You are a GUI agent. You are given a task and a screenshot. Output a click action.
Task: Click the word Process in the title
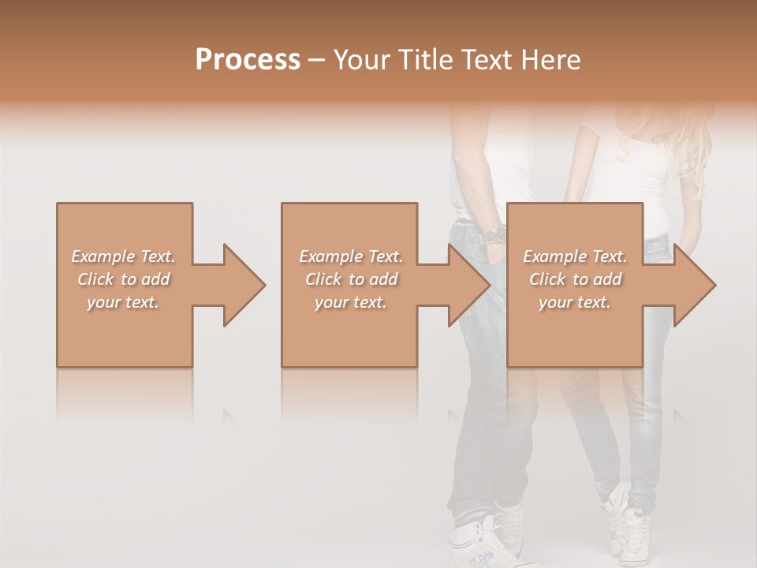pos(248,60)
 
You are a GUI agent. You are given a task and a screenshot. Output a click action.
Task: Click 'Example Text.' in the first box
pos(123,256)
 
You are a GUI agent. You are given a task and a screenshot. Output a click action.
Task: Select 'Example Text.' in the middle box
pos(351,256)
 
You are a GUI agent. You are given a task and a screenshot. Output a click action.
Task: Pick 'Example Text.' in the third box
pos(575,256)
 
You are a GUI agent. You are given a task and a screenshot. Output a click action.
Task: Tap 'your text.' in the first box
pos(123,302)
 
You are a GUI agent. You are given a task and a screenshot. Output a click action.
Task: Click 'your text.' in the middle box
pos(351,302)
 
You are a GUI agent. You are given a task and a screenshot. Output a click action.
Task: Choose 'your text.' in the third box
pos(575,302)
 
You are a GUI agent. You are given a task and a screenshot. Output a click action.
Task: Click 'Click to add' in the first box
pos(123,279)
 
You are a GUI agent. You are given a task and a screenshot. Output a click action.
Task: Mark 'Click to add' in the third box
pos(575,279)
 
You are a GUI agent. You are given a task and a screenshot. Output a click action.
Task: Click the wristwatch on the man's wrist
pos(494,235)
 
